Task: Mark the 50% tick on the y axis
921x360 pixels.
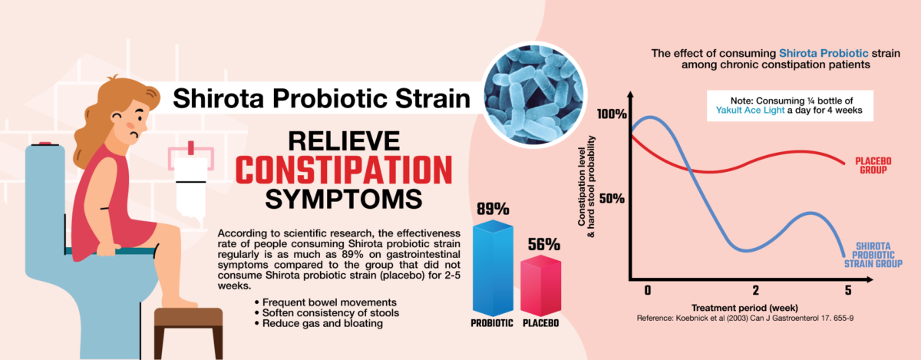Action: tap(613, 198)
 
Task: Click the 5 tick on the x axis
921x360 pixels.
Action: tap(848, 290)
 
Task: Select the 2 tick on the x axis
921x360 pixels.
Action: tap(755, 290)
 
